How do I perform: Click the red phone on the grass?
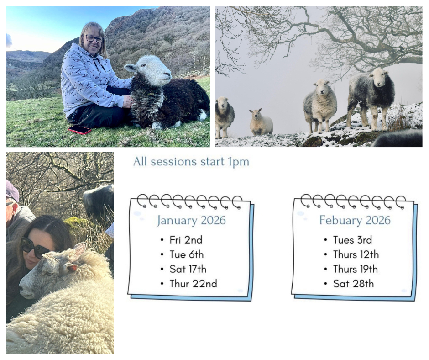[79, 129]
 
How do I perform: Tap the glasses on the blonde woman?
[94, 38]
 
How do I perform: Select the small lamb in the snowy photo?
[261, 122]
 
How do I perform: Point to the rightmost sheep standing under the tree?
[371, 97]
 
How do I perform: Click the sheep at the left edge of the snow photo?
[225, 116]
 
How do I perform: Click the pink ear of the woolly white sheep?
[71, 268]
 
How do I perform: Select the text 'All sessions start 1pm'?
[191, 162]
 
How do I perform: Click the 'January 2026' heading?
[191, 220]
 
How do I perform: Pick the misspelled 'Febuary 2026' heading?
[355, 220]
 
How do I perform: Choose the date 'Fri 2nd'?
[186, 240]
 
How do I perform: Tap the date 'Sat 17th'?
[188, 269]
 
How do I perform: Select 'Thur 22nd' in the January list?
[193, 284]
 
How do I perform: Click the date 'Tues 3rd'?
[352, 240]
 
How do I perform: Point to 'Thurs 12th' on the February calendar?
[356, 254]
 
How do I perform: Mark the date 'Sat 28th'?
[353, 284]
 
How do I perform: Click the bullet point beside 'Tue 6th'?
[162, 255]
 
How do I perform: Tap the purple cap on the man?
[12, 191]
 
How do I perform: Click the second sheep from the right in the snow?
[319, 106]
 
